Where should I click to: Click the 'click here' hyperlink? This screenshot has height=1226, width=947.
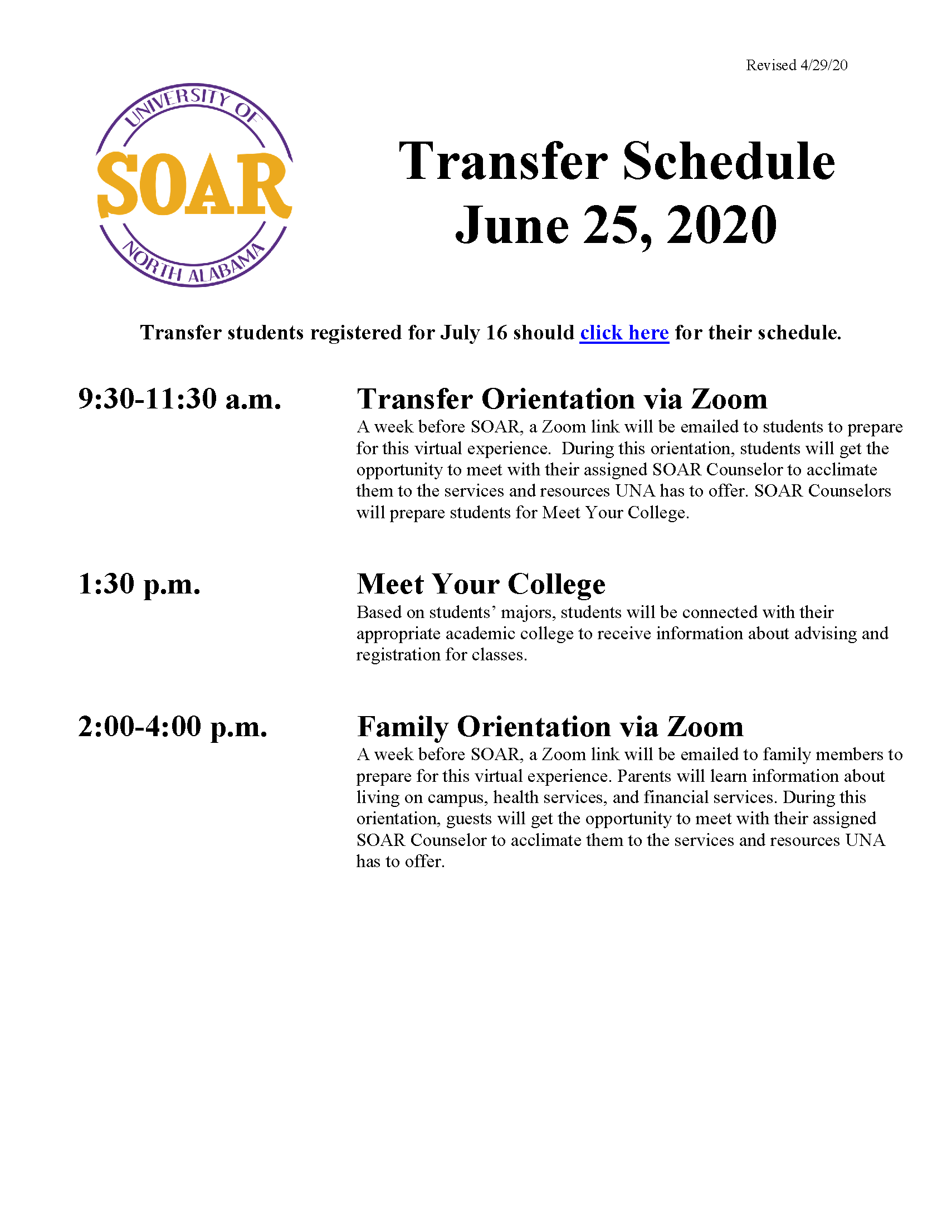[624, 333]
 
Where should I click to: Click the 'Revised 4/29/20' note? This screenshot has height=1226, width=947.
[796, 65]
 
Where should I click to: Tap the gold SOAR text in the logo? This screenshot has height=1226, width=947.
[193, 185]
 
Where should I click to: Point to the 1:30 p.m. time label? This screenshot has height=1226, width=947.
[139, 584]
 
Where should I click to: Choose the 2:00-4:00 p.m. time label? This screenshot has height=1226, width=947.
[173, 726]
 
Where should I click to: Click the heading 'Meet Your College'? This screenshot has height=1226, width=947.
[481, 584]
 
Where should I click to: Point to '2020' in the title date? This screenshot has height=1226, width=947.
[721, 226]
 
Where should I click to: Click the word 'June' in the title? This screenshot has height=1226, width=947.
[512, 226]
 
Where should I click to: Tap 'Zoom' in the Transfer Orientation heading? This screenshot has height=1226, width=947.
[729, 399]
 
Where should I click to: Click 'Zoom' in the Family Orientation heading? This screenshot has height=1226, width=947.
[705, 726]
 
